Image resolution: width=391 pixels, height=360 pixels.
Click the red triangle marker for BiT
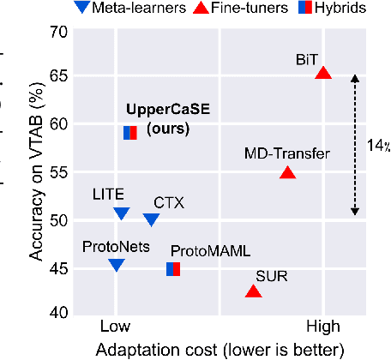point(323,74)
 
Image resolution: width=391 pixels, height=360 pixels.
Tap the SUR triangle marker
point(253,291)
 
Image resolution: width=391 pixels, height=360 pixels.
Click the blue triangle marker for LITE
point(121,213)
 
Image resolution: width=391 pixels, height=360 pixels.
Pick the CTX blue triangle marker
point(152,220)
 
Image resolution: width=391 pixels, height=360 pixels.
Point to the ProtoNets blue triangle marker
point(117,265)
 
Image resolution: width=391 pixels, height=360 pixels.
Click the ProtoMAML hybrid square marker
point(173,269)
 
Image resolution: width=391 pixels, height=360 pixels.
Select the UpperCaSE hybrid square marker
point(129,132)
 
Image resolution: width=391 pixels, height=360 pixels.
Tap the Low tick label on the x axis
point(116,327)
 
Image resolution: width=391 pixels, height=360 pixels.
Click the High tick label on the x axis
point(322,327)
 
